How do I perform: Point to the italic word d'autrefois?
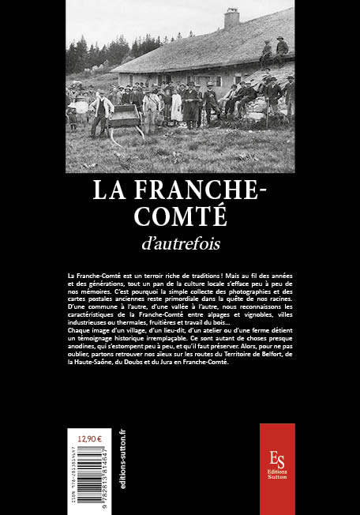point(179,238)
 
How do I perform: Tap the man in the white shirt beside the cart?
point(100,111)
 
